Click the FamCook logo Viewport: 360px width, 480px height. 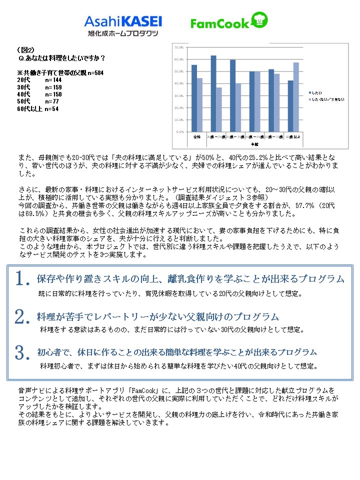pos(220,23)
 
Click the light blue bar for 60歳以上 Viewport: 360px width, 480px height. pos(296,97)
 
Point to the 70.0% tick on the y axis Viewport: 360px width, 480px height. pos(178,47)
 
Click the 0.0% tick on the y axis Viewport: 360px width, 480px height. pos(179,132)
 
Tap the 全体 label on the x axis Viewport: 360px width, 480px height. pos(197,136)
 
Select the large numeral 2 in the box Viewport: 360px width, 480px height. pos(20,317)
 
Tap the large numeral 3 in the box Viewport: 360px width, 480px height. pos(20,353)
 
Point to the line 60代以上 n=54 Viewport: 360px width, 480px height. pos(38,108)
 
